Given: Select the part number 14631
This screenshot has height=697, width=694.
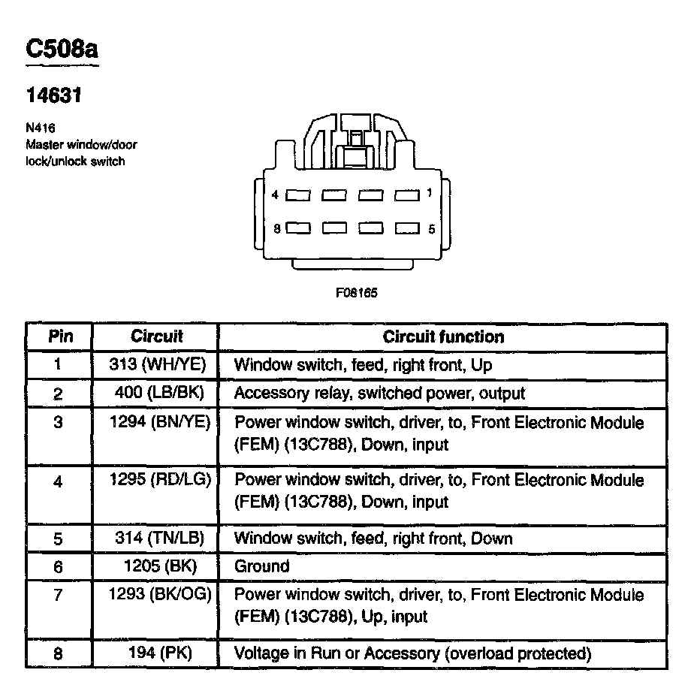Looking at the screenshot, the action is pyautogui.click(x=53, y=95).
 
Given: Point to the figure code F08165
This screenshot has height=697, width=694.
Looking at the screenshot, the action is pyautogui.click(x=356, y=293).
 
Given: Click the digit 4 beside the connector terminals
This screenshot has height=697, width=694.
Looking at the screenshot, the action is pyautogui.click(x=276, y=195).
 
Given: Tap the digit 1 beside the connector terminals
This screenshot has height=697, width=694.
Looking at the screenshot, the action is pyautogui.click(x=429, y=193).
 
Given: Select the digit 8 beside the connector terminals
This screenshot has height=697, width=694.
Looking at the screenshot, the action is pyautogui.click(x=276, y=228).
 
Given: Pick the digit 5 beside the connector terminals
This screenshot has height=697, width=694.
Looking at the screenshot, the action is pyautogui.click(x=431, y=229).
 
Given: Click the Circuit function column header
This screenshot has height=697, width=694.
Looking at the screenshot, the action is pyautogui.click(x=443, y=336).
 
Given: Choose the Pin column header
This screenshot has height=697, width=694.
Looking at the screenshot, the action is pyautogui.click(x=60, y=336).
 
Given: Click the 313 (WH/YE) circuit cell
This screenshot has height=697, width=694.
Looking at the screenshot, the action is pyautogui.click(x=156, y=366).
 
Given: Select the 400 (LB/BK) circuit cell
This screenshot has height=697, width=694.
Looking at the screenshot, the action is pyautogui.click(x=156, y=393).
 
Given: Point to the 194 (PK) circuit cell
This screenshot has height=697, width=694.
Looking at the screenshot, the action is pyautogui.click(x=156, y=653).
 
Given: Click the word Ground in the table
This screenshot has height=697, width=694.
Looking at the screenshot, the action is pyautogui.click(x=261, y=566).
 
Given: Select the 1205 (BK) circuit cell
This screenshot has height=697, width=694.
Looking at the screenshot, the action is pyautogui.click(x=156, y=566).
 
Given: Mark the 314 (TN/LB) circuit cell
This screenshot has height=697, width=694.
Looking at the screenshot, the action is pyautogui.click(x=156, y=538).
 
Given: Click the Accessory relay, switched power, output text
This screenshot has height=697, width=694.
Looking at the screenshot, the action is pyautogui.click(x=379, y=393).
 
